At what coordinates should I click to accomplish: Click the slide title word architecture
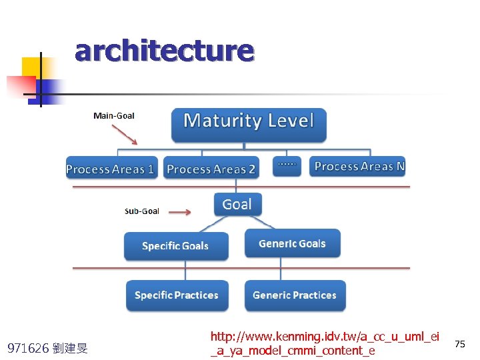pyautogui.click(x=164, y=51)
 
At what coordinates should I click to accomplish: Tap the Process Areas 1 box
pyautogui.click(x=110, y=168)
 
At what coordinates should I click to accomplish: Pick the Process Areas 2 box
pyautogui.click(x=211, y=168)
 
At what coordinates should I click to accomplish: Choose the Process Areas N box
pyautogui.click(x=359, y=166)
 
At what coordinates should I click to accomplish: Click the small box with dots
pyautogui.click(x=287, y=165)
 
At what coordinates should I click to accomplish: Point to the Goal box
pyautogui.click(x=237, y=204)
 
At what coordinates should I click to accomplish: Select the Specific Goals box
pyautogui.click(x=175, y=246)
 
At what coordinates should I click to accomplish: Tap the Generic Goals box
pyautogui.click(x=292, y=243)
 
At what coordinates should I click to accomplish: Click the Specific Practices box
pyautogui.click(x=177, y=295)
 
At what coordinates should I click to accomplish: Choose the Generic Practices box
pyautogui.click(x=295, y=295)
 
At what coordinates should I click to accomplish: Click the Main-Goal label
pyautogui.click(x=114, y=116)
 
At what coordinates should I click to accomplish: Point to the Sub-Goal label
pyautogui.click(x=142, y=211)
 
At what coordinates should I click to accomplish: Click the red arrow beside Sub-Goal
pyautogui.click(x=179, y=212)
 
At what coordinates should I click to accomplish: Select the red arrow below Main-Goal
pyautogui.click(x=126, y=135)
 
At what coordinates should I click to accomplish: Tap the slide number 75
pyautogui.click(x=459, y=343)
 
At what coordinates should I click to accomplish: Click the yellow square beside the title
pyautogui.click(x=31, y=67)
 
